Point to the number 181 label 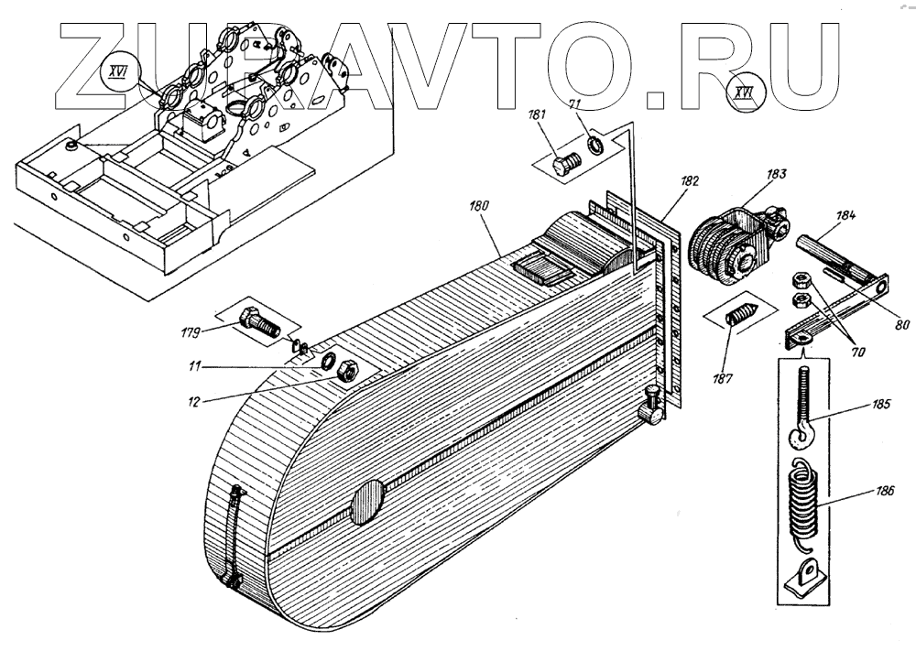[x=538, y=115]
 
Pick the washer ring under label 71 [x=593, y=145]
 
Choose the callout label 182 [x=689, y=181]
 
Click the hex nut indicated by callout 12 [x=347, y=372]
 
